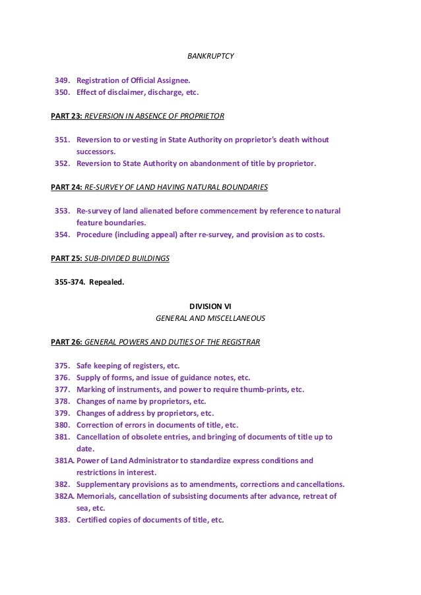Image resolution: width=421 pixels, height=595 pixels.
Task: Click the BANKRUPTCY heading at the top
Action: (x=210, y=56)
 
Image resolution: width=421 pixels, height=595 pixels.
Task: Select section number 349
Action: (x=63, y=80)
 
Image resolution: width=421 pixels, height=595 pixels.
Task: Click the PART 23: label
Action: (x=67, y=116)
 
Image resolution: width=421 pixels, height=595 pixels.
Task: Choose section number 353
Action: (x=63, y=211)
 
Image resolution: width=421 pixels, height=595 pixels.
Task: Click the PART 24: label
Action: (x=67, y=187)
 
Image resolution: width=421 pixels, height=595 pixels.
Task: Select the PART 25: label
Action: (x=67, y=258)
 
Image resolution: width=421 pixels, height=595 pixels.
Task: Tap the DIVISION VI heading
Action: (x=210, y=306)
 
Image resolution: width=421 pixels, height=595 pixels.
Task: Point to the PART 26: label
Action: (x=67, y=341)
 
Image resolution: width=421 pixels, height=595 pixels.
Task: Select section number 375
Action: (x=63, y=366)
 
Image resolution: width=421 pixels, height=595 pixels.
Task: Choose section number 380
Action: (x=63, y=425)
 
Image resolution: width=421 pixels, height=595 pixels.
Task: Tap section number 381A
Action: (x=65, y=461)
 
